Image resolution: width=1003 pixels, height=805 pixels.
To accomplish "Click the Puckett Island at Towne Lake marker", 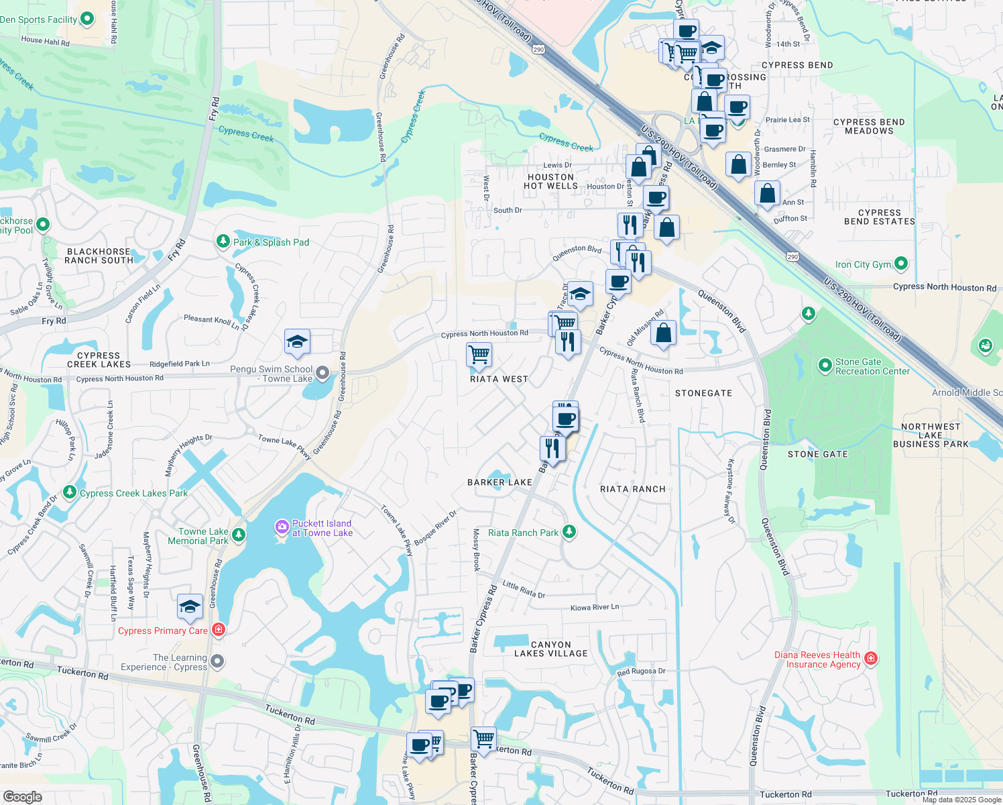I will click(282, 528).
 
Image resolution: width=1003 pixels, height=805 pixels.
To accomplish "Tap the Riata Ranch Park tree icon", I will click(569, 532).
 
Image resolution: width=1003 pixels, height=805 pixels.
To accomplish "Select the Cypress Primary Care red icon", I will click(218, 630).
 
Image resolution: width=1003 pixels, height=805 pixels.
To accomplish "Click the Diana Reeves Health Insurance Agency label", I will click(817, 659).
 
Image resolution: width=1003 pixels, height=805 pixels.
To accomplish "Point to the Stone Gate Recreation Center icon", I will click(825, 366).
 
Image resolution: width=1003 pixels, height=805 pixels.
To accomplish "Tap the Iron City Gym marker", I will click(901, 264).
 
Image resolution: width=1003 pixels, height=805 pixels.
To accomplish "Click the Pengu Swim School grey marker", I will click(322, 373).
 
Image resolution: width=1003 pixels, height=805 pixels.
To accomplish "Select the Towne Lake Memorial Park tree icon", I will click(239, 535).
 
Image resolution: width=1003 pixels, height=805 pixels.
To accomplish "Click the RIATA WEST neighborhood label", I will click(499, 379).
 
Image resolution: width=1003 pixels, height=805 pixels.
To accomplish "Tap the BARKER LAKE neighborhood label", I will click(499, 482).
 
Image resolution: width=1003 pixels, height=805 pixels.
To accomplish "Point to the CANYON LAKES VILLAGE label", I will click(550, 649).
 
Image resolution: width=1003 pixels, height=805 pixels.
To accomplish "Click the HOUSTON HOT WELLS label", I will click(550, 181).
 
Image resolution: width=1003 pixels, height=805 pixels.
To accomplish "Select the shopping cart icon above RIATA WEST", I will click(479, 354).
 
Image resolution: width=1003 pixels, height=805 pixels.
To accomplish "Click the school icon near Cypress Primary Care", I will click(190, 606).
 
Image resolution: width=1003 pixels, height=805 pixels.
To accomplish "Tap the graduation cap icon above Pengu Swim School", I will click(297, 342).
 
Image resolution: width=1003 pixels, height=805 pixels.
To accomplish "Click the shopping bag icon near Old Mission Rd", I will click(663, 333).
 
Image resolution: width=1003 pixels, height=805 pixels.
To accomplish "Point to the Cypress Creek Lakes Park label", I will click(133, 493).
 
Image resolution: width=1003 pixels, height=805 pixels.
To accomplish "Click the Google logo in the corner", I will click(22, 796).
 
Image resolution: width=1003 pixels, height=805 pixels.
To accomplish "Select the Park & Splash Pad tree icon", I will click(223, 241).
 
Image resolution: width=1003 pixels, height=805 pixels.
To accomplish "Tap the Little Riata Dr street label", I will click(524, 589).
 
